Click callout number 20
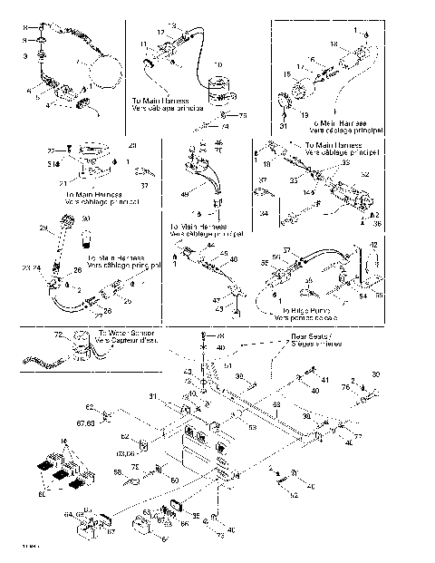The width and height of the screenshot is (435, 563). [x=132, y=146]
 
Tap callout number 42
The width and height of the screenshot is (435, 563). [x=372, y=246]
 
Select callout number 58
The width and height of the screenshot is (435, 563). [x=118, y=472]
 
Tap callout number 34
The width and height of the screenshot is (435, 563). [x=262, y=216]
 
